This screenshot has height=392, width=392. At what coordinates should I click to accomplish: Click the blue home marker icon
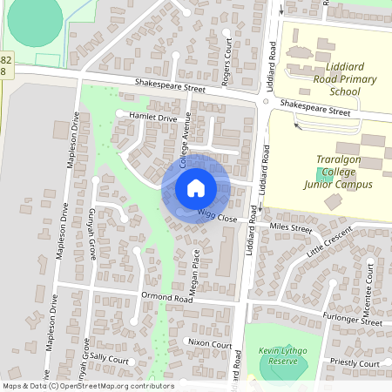click(195, 188)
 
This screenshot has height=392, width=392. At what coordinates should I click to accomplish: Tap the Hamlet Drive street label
click(152, 118)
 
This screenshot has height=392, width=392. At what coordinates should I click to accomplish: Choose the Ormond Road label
click(166, 297)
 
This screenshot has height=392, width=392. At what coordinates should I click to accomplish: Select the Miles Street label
click(290, 228)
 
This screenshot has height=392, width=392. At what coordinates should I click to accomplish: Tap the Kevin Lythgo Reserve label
click(278, 355)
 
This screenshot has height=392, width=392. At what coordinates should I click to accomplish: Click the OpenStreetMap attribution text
click(76, 385)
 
